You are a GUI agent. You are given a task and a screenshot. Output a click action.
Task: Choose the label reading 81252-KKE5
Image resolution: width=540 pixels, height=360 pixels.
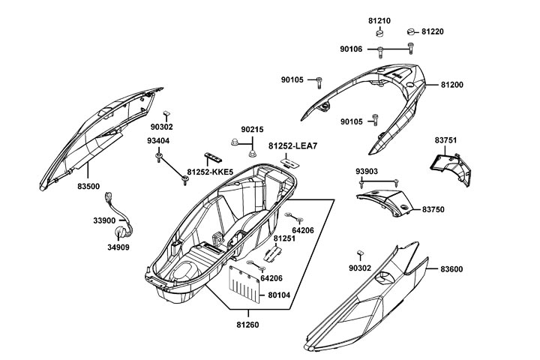210,172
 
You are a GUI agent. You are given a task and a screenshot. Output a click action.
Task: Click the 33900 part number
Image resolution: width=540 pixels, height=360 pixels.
104,220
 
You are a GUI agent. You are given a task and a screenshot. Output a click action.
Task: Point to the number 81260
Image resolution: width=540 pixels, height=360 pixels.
247,325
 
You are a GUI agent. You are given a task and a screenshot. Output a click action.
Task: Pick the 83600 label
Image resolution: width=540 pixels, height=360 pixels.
451,268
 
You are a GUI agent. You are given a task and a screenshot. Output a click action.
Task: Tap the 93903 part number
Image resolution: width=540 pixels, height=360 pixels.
367,171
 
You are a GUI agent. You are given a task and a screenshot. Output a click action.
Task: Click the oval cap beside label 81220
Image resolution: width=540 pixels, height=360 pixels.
410,31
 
